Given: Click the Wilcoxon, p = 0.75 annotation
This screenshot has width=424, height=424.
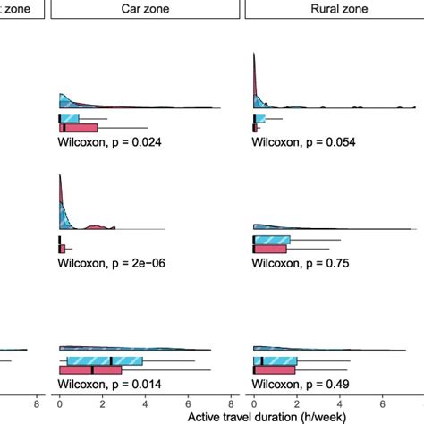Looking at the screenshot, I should point(301,263).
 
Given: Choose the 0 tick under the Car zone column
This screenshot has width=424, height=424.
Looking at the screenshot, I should point(59,402).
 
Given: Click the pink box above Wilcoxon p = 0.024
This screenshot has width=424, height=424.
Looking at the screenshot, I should point(78,127).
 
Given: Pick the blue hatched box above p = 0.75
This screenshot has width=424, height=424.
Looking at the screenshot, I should point(272,240).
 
